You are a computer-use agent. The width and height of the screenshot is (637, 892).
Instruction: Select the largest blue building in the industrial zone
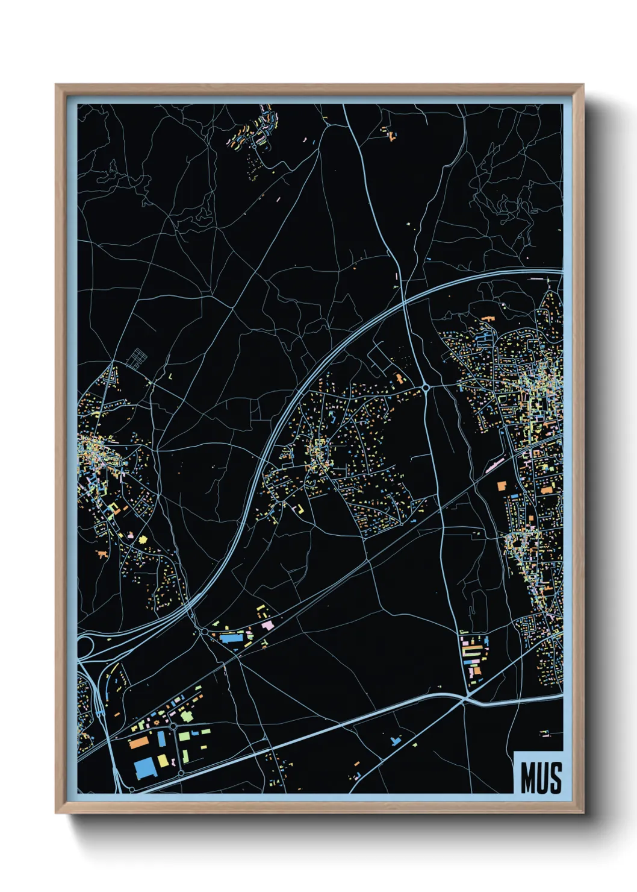(144, 768)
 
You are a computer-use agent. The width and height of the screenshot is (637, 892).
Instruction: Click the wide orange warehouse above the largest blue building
(139, 743)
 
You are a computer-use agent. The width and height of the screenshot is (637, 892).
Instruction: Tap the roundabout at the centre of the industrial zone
(174, 727)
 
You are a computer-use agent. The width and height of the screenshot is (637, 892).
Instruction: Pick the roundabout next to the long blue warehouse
(204, 632)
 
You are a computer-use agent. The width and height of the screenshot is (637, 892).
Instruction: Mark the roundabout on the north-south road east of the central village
(426, 388)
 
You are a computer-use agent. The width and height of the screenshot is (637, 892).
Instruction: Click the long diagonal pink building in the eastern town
(494, 465)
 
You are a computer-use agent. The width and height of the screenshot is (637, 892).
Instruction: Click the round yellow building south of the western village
(143, 539)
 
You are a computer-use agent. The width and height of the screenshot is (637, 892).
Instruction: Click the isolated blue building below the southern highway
(395, 740)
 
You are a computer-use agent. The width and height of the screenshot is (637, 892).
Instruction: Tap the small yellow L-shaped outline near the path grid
(170, 376)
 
